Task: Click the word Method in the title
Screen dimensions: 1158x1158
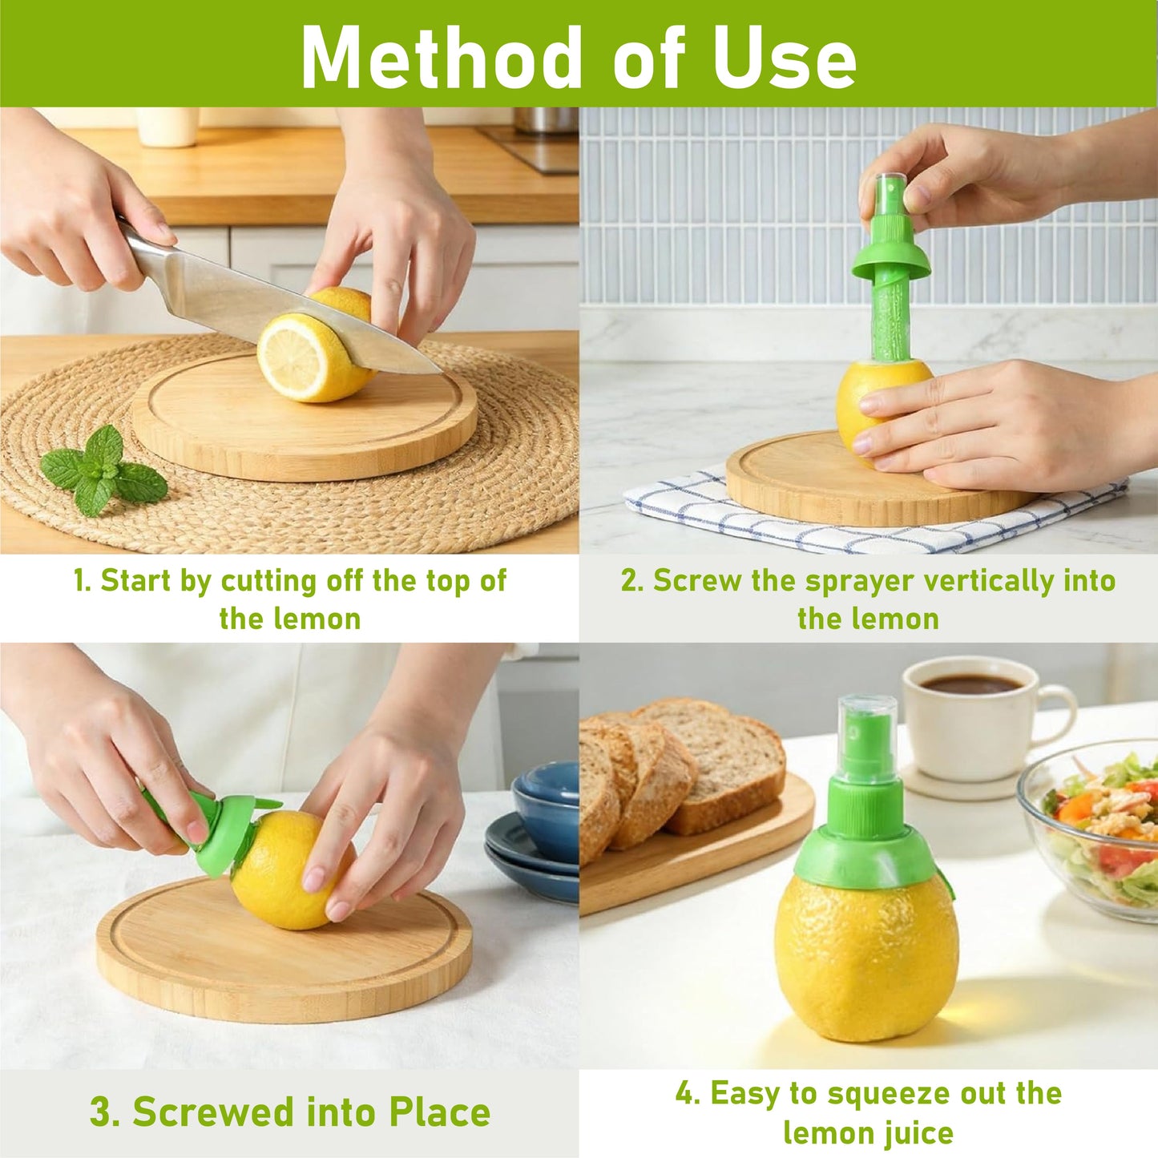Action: (x=439, y=58)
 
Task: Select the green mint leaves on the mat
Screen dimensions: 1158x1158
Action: (x=103, y=471)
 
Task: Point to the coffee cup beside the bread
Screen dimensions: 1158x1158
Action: (x=971, y=718)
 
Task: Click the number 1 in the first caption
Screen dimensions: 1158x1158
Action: (x=79, y=581)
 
